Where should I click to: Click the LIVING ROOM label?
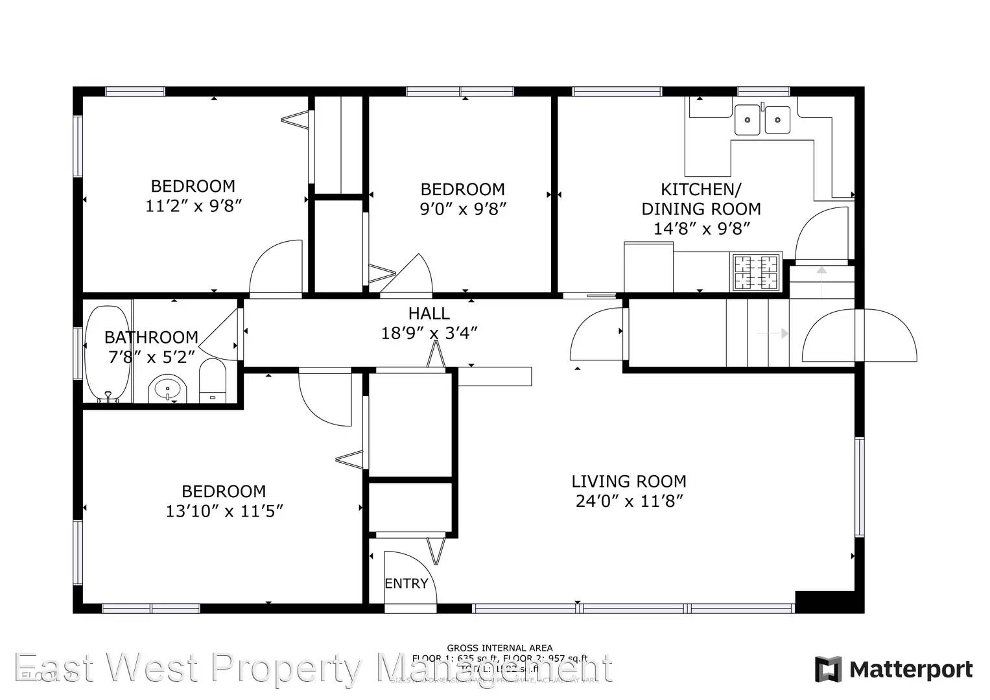[628, 482]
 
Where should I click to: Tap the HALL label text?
[429, 314]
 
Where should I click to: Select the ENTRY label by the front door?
[406, 583]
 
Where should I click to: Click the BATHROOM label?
[151, 337]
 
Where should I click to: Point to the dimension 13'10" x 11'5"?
[224, 511]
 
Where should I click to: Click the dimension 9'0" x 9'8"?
[462, 209]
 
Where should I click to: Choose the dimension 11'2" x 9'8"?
[193, 206]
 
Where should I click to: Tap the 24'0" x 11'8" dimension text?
[628, 501]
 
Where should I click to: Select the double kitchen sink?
[762, 120]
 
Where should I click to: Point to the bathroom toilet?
[211, 382]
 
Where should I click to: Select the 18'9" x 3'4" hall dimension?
[429, 333]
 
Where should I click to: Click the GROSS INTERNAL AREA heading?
[499, 647]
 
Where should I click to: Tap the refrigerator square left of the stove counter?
[648, 267]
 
